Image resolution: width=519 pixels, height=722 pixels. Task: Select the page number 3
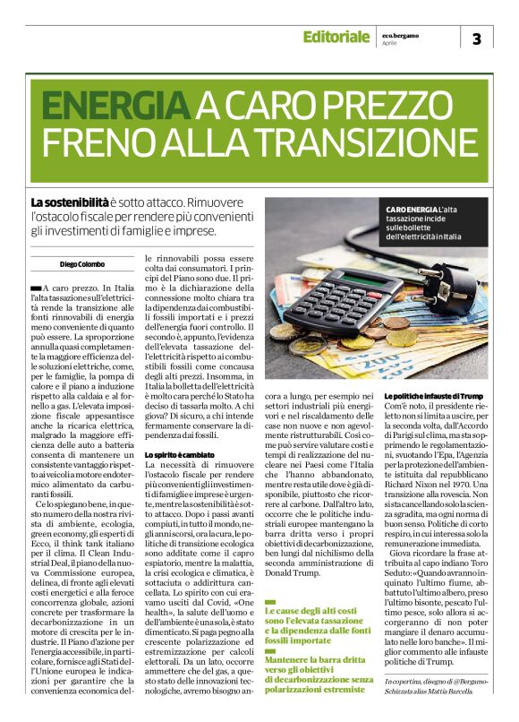coord(476,39)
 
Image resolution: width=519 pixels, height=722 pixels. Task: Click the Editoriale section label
coord(336,38)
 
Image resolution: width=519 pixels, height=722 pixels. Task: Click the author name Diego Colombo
coord(82,264)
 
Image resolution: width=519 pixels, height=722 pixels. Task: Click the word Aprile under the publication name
coord(389,43)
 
